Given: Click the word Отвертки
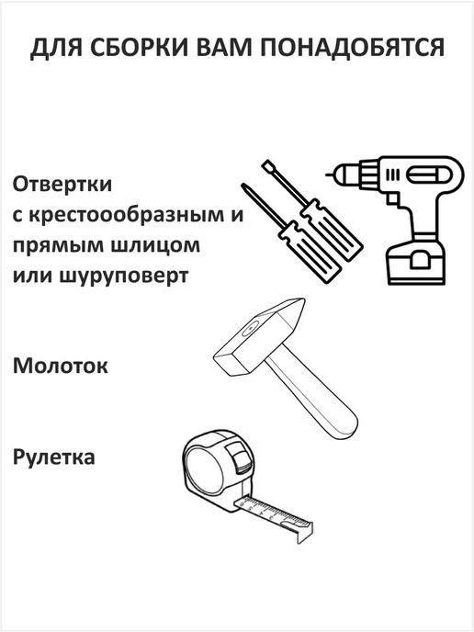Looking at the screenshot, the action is [62, 185].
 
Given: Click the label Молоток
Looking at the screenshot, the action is [60, 366].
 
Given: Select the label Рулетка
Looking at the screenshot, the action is [53, 457].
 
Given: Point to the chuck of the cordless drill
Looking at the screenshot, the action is [349, 175].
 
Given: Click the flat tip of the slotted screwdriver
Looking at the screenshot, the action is [265, 164].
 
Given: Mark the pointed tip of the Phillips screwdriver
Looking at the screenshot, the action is [243, 185].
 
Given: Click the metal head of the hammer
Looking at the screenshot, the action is [260, 337].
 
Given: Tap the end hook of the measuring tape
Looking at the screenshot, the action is [304, 532].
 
